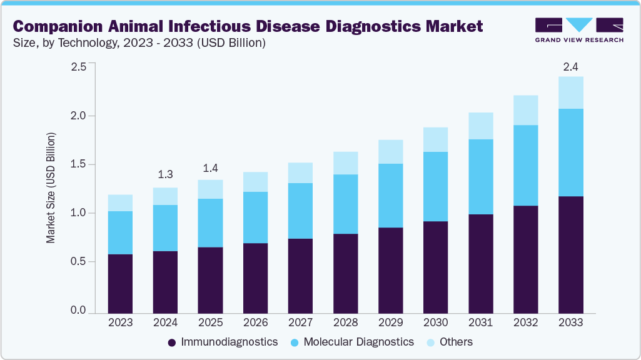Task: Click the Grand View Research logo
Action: point(579,29)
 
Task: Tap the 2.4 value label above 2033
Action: point(570,66)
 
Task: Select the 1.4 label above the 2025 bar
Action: point(210,169)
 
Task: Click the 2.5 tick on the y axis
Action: point(78,67)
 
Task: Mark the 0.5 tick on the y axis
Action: point(78,262)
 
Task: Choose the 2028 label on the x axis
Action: point(345,322)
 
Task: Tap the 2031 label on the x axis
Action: point(480,322)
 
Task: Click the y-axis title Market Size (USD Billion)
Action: point(51,187)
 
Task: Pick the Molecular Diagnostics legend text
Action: point(358,342)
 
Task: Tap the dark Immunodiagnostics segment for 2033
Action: point(570,254)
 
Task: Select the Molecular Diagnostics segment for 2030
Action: point(435,186)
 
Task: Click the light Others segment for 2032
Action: point(525,110)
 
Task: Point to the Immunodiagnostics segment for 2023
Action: point(120,283)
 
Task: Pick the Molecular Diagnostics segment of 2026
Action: point(255,217)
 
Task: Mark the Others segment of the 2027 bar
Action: point(300,173)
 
